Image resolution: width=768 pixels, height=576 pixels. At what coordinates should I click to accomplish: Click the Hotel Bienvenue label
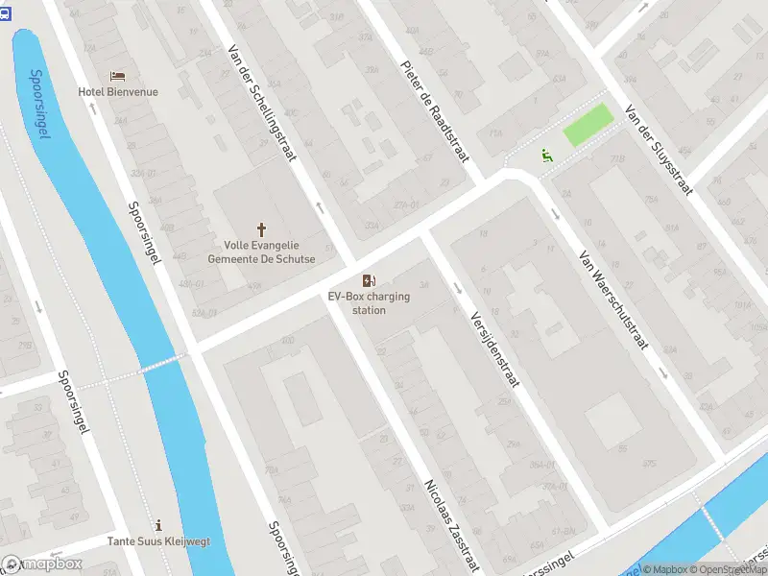[118, 92]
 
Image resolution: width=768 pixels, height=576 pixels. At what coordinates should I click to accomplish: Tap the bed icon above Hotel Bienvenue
[117, 76]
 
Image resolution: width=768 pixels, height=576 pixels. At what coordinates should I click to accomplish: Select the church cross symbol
[261, 229]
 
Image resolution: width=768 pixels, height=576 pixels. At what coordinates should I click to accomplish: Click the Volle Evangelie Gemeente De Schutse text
[261, 252]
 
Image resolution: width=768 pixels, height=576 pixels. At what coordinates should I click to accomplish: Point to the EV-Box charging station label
[369, 303]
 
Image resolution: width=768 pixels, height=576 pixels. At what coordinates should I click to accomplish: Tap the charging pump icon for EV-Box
[368, 280]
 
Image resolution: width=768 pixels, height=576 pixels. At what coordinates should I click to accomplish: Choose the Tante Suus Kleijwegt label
[158, 541]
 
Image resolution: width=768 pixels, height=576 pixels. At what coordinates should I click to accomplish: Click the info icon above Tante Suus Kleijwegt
[158, 525]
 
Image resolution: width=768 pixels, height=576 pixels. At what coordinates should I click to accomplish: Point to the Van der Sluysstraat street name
[658, 150]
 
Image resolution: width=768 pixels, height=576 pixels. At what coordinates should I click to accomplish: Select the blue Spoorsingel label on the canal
[39, 104]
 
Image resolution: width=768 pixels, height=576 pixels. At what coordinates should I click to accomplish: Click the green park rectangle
[588, 126]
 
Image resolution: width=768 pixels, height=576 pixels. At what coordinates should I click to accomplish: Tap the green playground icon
[546, 155]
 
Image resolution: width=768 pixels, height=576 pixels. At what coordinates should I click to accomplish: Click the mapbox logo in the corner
[42, 564]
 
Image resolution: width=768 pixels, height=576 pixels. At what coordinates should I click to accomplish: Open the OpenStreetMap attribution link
[729, 569]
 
